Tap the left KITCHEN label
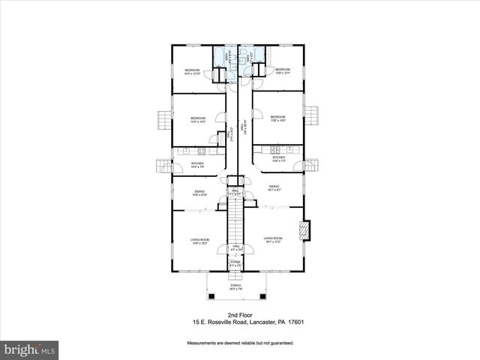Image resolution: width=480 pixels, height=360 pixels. point(197,164)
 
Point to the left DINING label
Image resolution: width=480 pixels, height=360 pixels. point(199,193)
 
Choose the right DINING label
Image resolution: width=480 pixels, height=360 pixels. point(274,187)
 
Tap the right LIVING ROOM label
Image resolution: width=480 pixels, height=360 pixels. point(273,239)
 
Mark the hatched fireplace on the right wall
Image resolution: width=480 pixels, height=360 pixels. point(304,231)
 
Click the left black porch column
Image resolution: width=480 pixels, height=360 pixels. point(210,291)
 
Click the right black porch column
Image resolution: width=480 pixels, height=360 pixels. point(263,291)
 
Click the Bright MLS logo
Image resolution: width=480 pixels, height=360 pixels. point(30,349)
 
